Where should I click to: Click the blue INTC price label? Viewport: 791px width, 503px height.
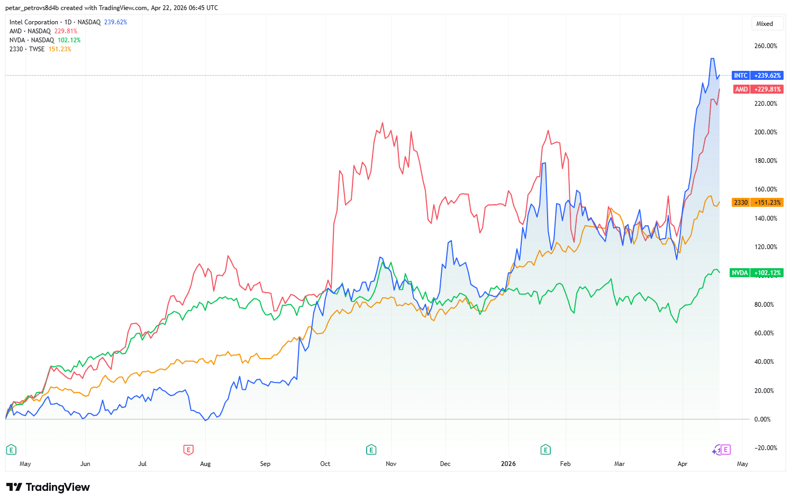pyautogui.click(x=757, y=76)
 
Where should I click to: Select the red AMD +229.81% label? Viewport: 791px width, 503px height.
pyautogui.click(x=757, y=89)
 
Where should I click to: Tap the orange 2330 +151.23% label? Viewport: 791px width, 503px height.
pyautogui.click(x=757, y=203)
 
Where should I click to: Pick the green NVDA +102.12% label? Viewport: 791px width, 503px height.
pyautogui.click(x=756, y=273)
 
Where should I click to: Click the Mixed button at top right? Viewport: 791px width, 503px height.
pyautogui.click(x=765, y=24)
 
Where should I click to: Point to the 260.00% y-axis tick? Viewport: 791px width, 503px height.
pyautogui.click(x=766, y=46)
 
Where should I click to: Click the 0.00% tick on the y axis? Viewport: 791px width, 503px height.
pyautogui.click(x=762, y=419)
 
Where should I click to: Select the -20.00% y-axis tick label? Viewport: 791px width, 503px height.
pyautogui.click(x=765, y=448)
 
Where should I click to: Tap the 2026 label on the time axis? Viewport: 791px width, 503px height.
pyautogui.click(x=508, y=464)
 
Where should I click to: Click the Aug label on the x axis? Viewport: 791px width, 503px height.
pyautogui.click(x=205, y=464)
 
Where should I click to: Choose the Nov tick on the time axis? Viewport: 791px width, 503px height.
pyautogui.click(x=391, y=464)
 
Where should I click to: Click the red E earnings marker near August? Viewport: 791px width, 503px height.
pyautogui.click(x=188, y=450)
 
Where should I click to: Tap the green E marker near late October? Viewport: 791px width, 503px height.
pyautogui.click(x=371, y=450)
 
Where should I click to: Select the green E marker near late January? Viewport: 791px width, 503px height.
pyautogui.click(x=545, y=450)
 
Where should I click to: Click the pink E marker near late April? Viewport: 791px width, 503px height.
pyautogui.click(x=726, y=450)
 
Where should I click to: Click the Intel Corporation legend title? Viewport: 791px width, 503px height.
pyautogui.click(x=34, y=22)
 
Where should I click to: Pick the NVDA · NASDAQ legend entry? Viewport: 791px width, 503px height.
pyautogui.click(x=32, y=40)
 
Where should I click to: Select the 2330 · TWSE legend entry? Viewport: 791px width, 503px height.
pyautogui.click(x=27, y=49)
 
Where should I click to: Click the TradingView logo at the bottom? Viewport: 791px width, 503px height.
pyautogui.click(x=48, y=487)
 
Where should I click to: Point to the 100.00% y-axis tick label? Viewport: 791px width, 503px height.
pyautogui.click(x=765, y=276)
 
